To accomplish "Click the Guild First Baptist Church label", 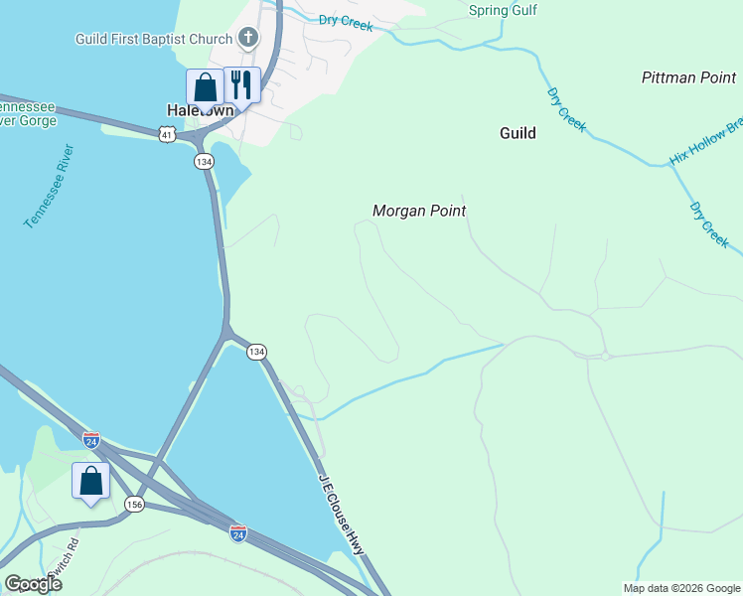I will tap(155, 40).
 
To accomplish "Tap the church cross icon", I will tap(248, 40).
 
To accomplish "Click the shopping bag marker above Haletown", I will tap(205, 87).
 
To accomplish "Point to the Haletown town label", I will tap(200, 110).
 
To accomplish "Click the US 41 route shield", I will tap(166, 133).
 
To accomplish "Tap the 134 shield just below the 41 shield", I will tap(204, 161).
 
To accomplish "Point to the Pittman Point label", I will tap(688, 77).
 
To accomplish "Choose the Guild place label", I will tap(518, 133).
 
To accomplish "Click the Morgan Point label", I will tap(419, 211).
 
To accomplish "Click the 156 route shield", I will tap(134, 505).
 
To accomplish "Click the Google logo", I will tap(33, 583).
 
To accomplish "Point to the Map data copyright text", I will tap(680, 588).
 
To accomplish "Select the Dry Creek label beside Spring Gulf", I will tap(346, 22).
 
